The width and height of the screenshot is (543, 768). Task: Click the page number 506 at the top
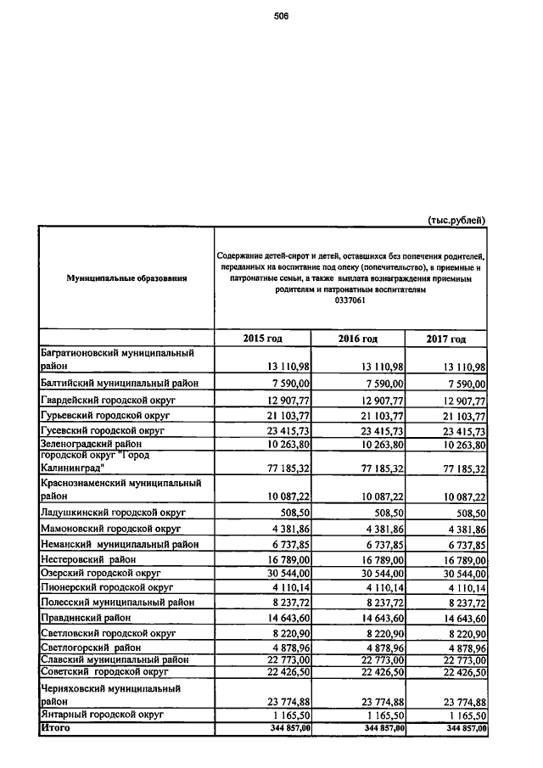point(282,15)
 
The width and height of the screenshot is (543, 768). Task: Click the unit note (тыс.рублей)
point(456,219)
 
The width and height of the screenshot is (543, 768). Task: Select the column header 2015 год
point(262,339)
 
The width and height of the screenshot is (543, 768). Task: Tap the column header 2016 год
point(357,339)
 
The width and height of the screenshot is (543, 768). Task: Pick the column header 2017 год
point(446,339)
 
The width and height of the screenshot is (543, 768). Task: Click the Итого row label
point(55,728)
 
